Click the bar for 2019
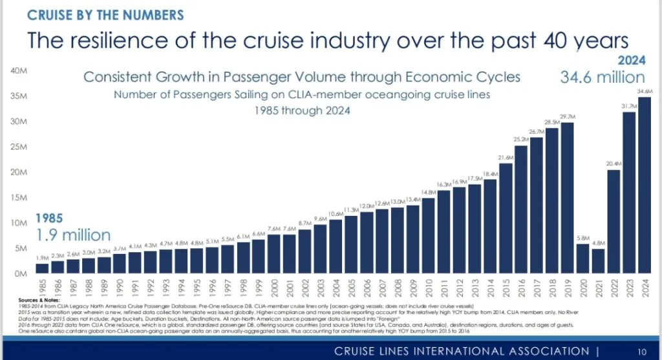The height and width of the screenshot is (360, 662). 566,198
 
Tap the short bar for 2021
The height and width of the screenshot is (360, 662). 597,261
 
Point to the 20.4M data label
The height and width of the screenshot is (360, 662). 613,164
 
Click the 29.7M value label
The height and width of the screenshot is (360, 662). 566,116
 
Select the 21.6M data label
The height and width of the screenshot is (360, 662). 504,157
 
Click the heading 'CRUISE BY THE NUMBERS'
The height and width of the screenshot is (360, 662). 105,14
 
